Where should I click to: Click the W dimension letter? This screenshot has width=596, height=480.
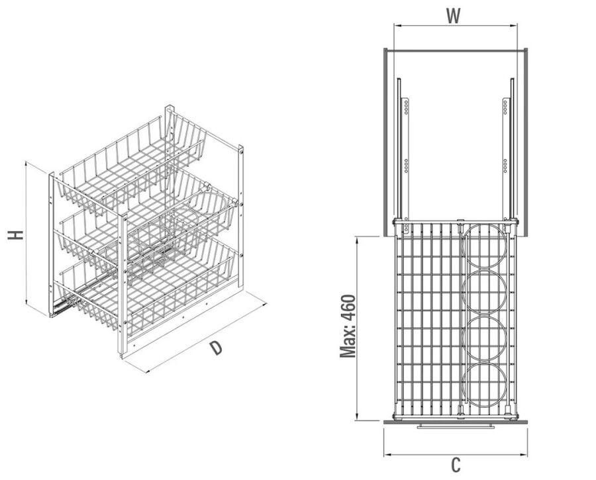point(453,16)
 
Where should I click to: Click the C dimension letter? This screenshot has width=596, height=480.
point(456,465)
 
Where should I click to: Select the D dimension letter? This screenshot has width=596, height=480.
point(216,348)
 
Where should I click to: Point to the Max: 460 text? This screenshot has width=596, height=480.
point(348,326)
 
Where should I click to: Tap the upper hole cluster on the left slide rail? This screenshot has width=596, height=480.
point(407,107)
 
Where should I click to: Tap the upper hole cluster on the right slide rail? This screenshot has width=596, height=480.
point(505,107)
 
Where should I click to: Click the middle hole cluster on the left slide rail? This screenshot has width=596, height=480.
point(407,166)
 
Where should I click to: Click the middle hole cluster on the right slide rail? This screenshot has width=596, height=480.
point(505,166)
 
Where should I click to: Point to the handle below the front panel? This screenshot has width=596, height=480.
point(456,427)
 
